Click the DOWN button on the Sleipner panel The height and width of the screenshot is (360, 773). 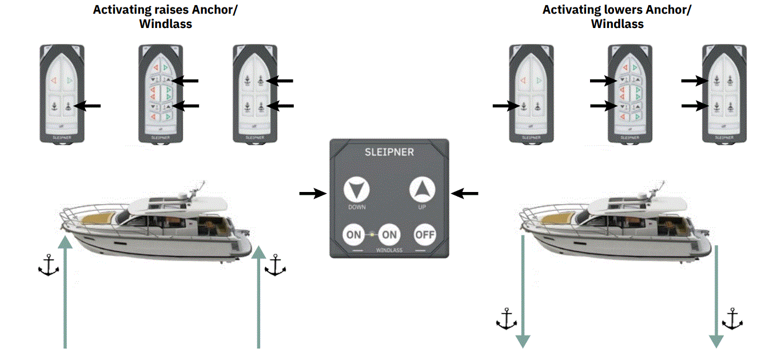(356, 190)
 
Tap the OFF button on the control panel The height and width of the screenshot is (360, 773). (425, 234)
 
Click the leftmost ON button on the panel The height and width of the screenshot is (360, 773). (354, 234)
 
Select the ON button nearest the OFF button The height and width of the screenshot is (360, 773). (390, 234)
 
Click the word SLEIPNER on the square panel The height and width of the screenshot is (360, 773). (389, 153)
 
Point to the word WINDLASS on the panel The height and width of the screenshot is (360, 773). (389, 250)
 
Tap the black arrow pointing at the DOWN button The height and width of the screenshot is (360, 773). (313, 194)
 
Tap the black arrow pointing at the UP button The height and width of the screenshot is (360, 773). (465, 194)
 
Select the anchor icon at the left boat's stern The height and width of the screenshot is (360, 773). (276, 266)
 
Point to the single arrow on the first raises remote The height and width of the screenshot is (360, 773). (88, 105)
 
